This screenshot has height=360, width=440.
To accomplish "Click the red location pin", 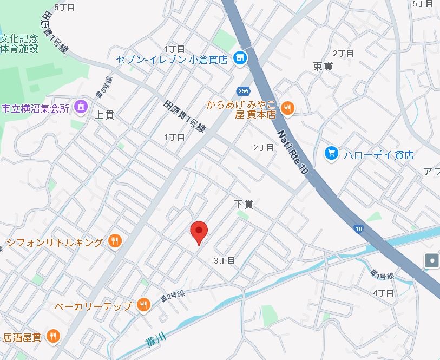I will click(x=200, y=232).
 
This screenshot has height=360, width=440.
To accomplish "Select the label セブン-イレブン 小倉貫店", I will click(x=172, y=59).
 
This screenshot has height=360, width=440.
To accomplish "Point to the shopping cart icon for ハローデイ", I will click(x=332, y=154).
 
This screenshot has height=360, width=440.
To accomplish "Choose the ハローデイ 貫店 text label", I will click(x=379, y=155).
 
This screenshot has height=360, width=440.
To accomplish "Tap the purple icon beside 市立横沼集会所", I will click(x=81, y=106).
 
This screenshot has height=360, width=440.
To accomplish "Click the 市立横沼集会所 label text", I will click(x=36, y=108).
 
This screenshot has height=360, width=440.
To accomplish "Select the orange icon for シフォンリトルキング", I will click(x=114, y=241).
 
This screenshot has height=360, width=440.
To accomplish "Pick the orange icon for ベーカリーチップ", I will click(x=143, y=305).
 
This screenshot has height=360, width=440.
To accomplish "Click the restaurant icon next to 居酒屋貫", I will click(x=52, y=337).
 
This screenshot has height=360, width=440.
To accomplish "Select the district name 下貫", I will click(x=244, y=204).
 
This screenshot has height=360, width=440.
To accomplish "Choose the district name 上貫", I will click(x=104, y=115).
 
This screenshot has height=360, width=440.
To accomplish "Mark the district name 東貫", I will click(x=323, y=66).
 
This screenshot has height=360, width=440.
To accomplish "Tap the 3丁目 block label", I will click(x=224, y=260).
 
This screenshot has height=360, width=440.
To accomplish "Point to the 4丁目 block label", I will click(x=383, y=293).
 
